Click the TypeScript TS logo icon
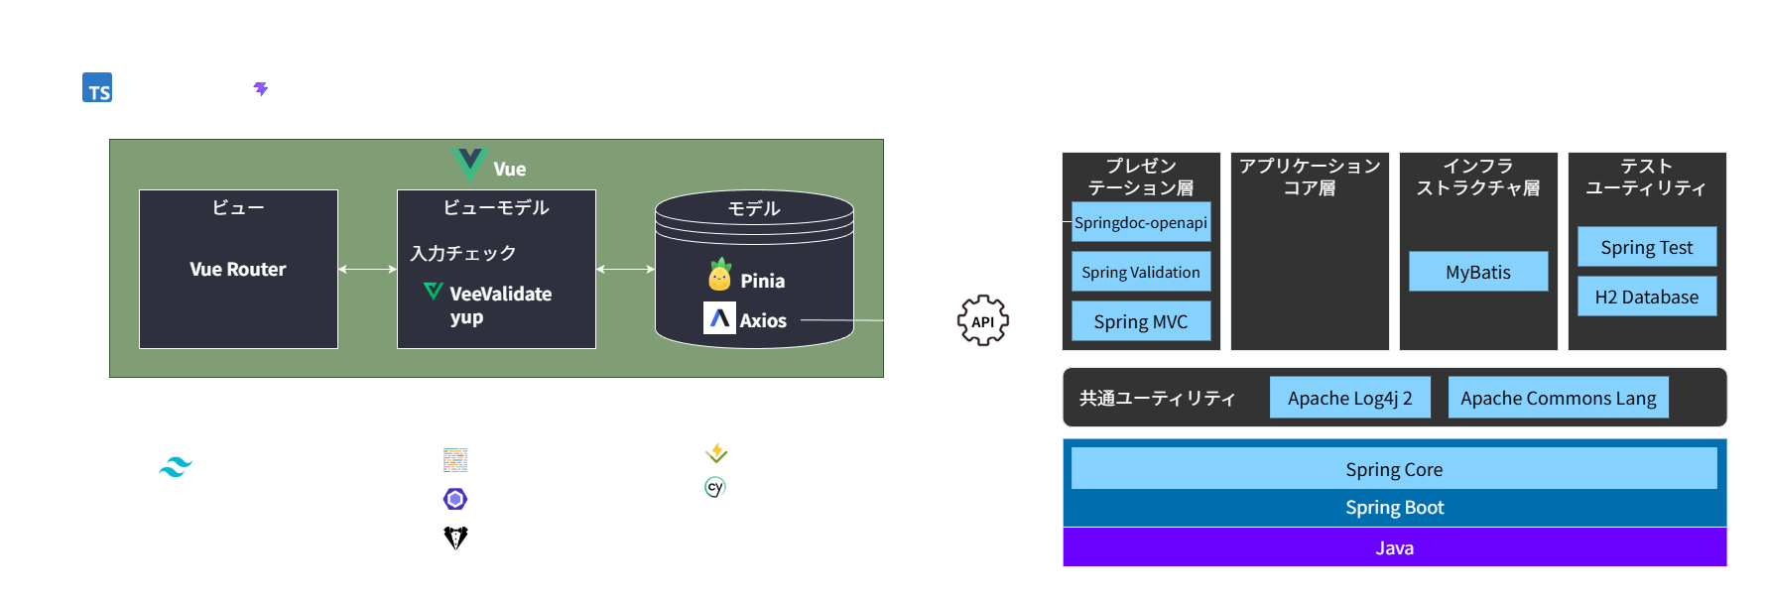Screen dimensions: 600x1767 click(97, 88)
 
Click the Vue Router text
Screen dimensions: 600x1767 click(238, 270)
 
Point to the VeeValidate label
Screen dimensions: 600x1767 click(500, 295)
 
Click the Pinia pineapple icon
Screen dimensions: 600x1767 click(720, 276)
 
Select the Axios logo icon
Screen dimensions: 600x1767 click(719, 318)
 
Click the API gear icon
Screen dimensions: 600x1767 click(982, 321)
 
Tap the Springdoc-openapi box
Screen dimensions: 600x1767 click(1141, 222)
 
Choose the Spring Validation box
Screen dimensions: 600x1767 click(1141, 272)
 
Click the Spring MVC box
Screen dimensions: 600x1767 click(1141, 321)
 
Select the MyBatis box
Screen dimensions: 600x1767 click(1478, 272)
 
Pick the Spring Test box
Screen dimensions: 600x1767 click(1647, 247)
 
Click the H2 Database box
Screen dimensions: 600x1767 click(1647, 297)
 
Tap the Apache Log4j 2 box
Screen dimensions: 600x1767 click(1349, 398)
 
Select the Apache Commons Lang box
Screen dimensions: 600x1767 click(1558, 398)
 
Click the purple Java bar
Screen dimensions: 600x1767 click(1394, 547)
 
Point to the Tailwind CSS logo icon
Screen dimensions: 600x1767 click(176, 467)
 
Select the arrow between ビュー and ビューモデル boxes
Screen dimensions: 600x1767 click(367, 269)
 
